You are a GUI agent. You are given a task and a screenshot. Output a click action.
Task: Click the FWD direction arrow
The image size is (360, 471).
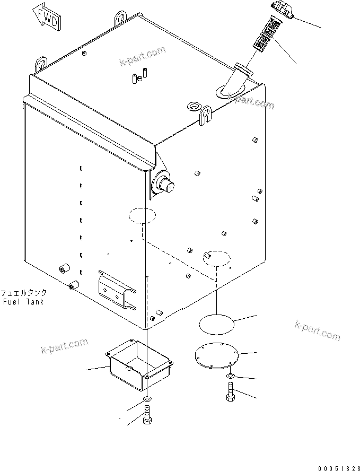pos(46,16)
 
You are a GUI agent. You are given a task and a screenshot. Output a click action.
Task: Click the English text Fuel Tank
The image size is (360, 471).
pos(23,302)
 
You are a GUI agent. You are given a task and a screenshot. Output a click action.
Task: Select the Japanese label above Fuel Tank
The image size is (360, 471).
pos(23,293)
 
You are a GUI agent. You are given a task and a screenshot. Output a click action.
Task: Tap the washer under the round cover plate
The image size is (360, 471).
pos(232,377)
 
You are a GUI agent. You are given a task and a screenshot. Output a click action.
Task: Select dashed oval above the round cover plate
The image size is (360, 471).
pos(216,257)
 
